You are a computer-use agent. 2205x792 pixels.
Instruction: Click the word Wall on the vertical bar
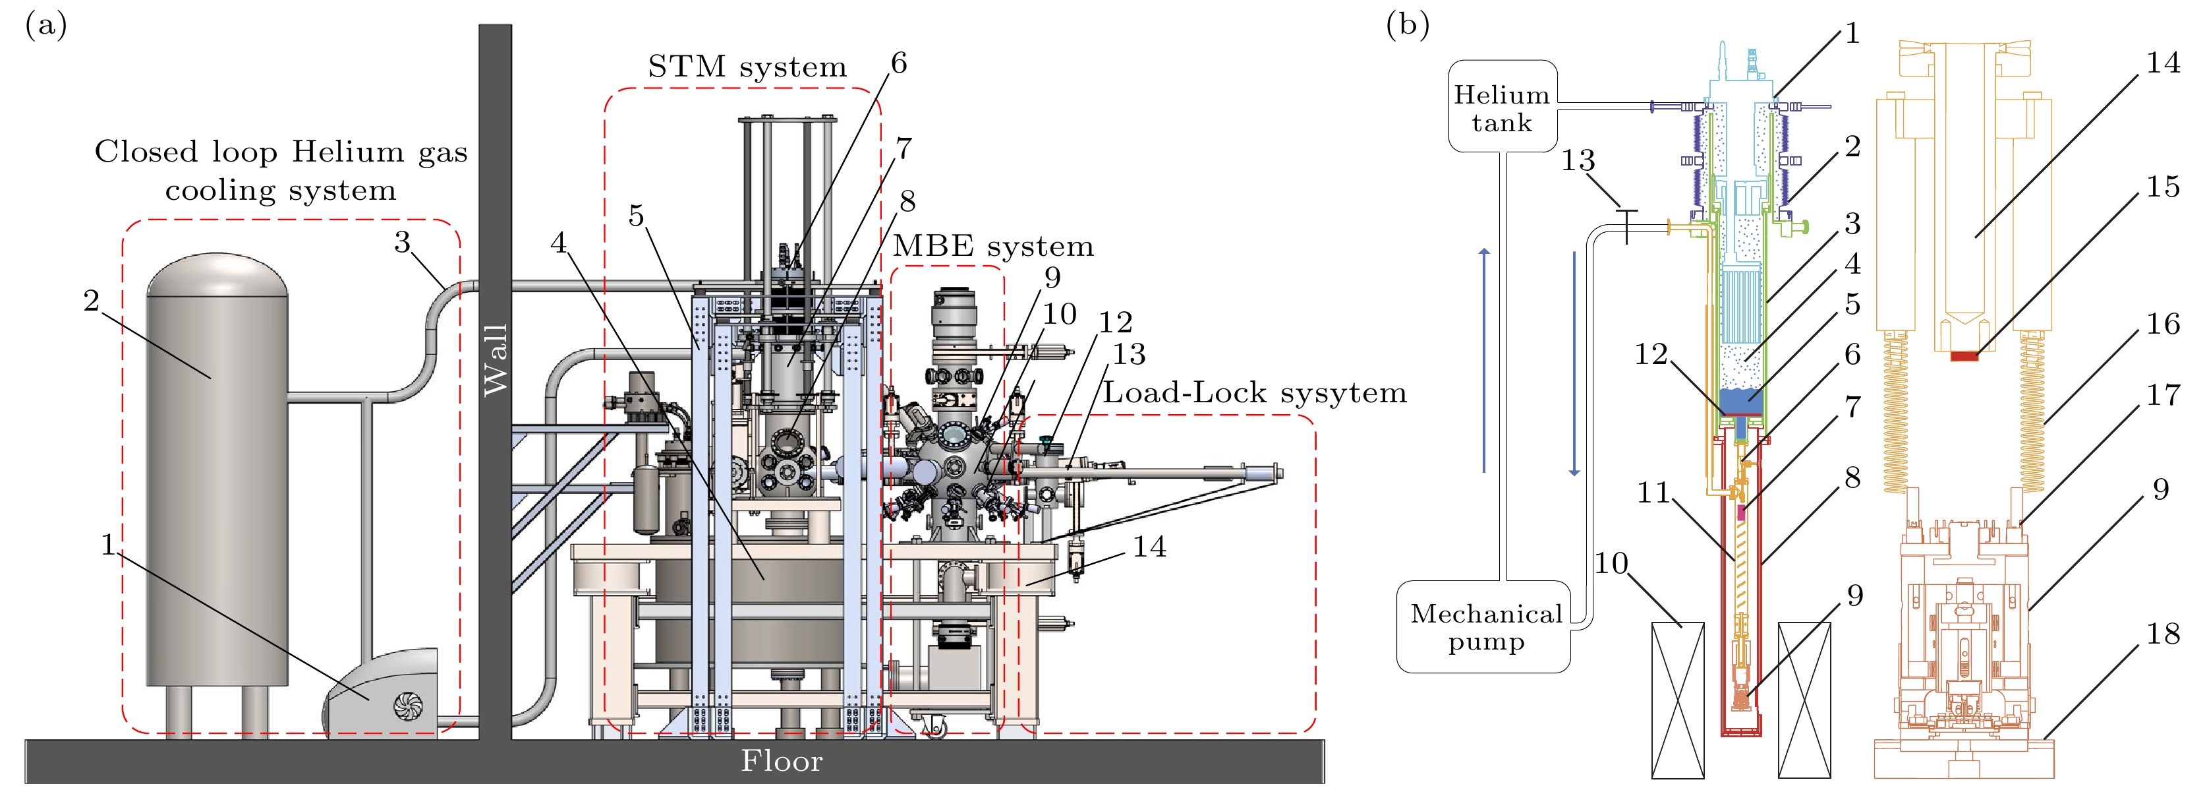pos(496,359)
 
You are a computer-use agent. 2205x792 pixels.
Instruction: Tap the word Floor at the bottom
pos(782,761)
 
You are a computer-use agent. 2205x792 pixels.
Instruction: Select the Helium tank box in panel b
pos(1503,107)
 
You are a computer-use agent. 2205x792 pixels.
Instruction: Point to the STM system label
pos(747,67)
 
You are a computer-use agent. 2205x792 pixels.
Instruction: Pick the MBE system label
pos(993,247)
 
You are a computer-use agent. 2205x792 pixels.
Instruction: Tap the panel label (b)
pos(1407,26)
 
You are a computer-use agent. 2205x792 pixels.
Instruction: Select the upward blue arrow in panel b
pos(1484,359)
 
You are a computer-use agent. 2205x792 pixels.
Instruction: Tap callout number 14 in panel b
pos(2162,63)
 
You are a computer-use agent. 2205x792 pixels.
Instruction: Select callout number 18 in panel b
pos(2162,634)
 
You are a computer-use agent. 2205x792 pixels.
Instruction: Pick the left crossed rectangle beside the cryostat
pos(1678,700)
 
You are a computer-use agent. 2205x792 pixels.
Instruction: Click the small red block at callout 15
pos(1964,355)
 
